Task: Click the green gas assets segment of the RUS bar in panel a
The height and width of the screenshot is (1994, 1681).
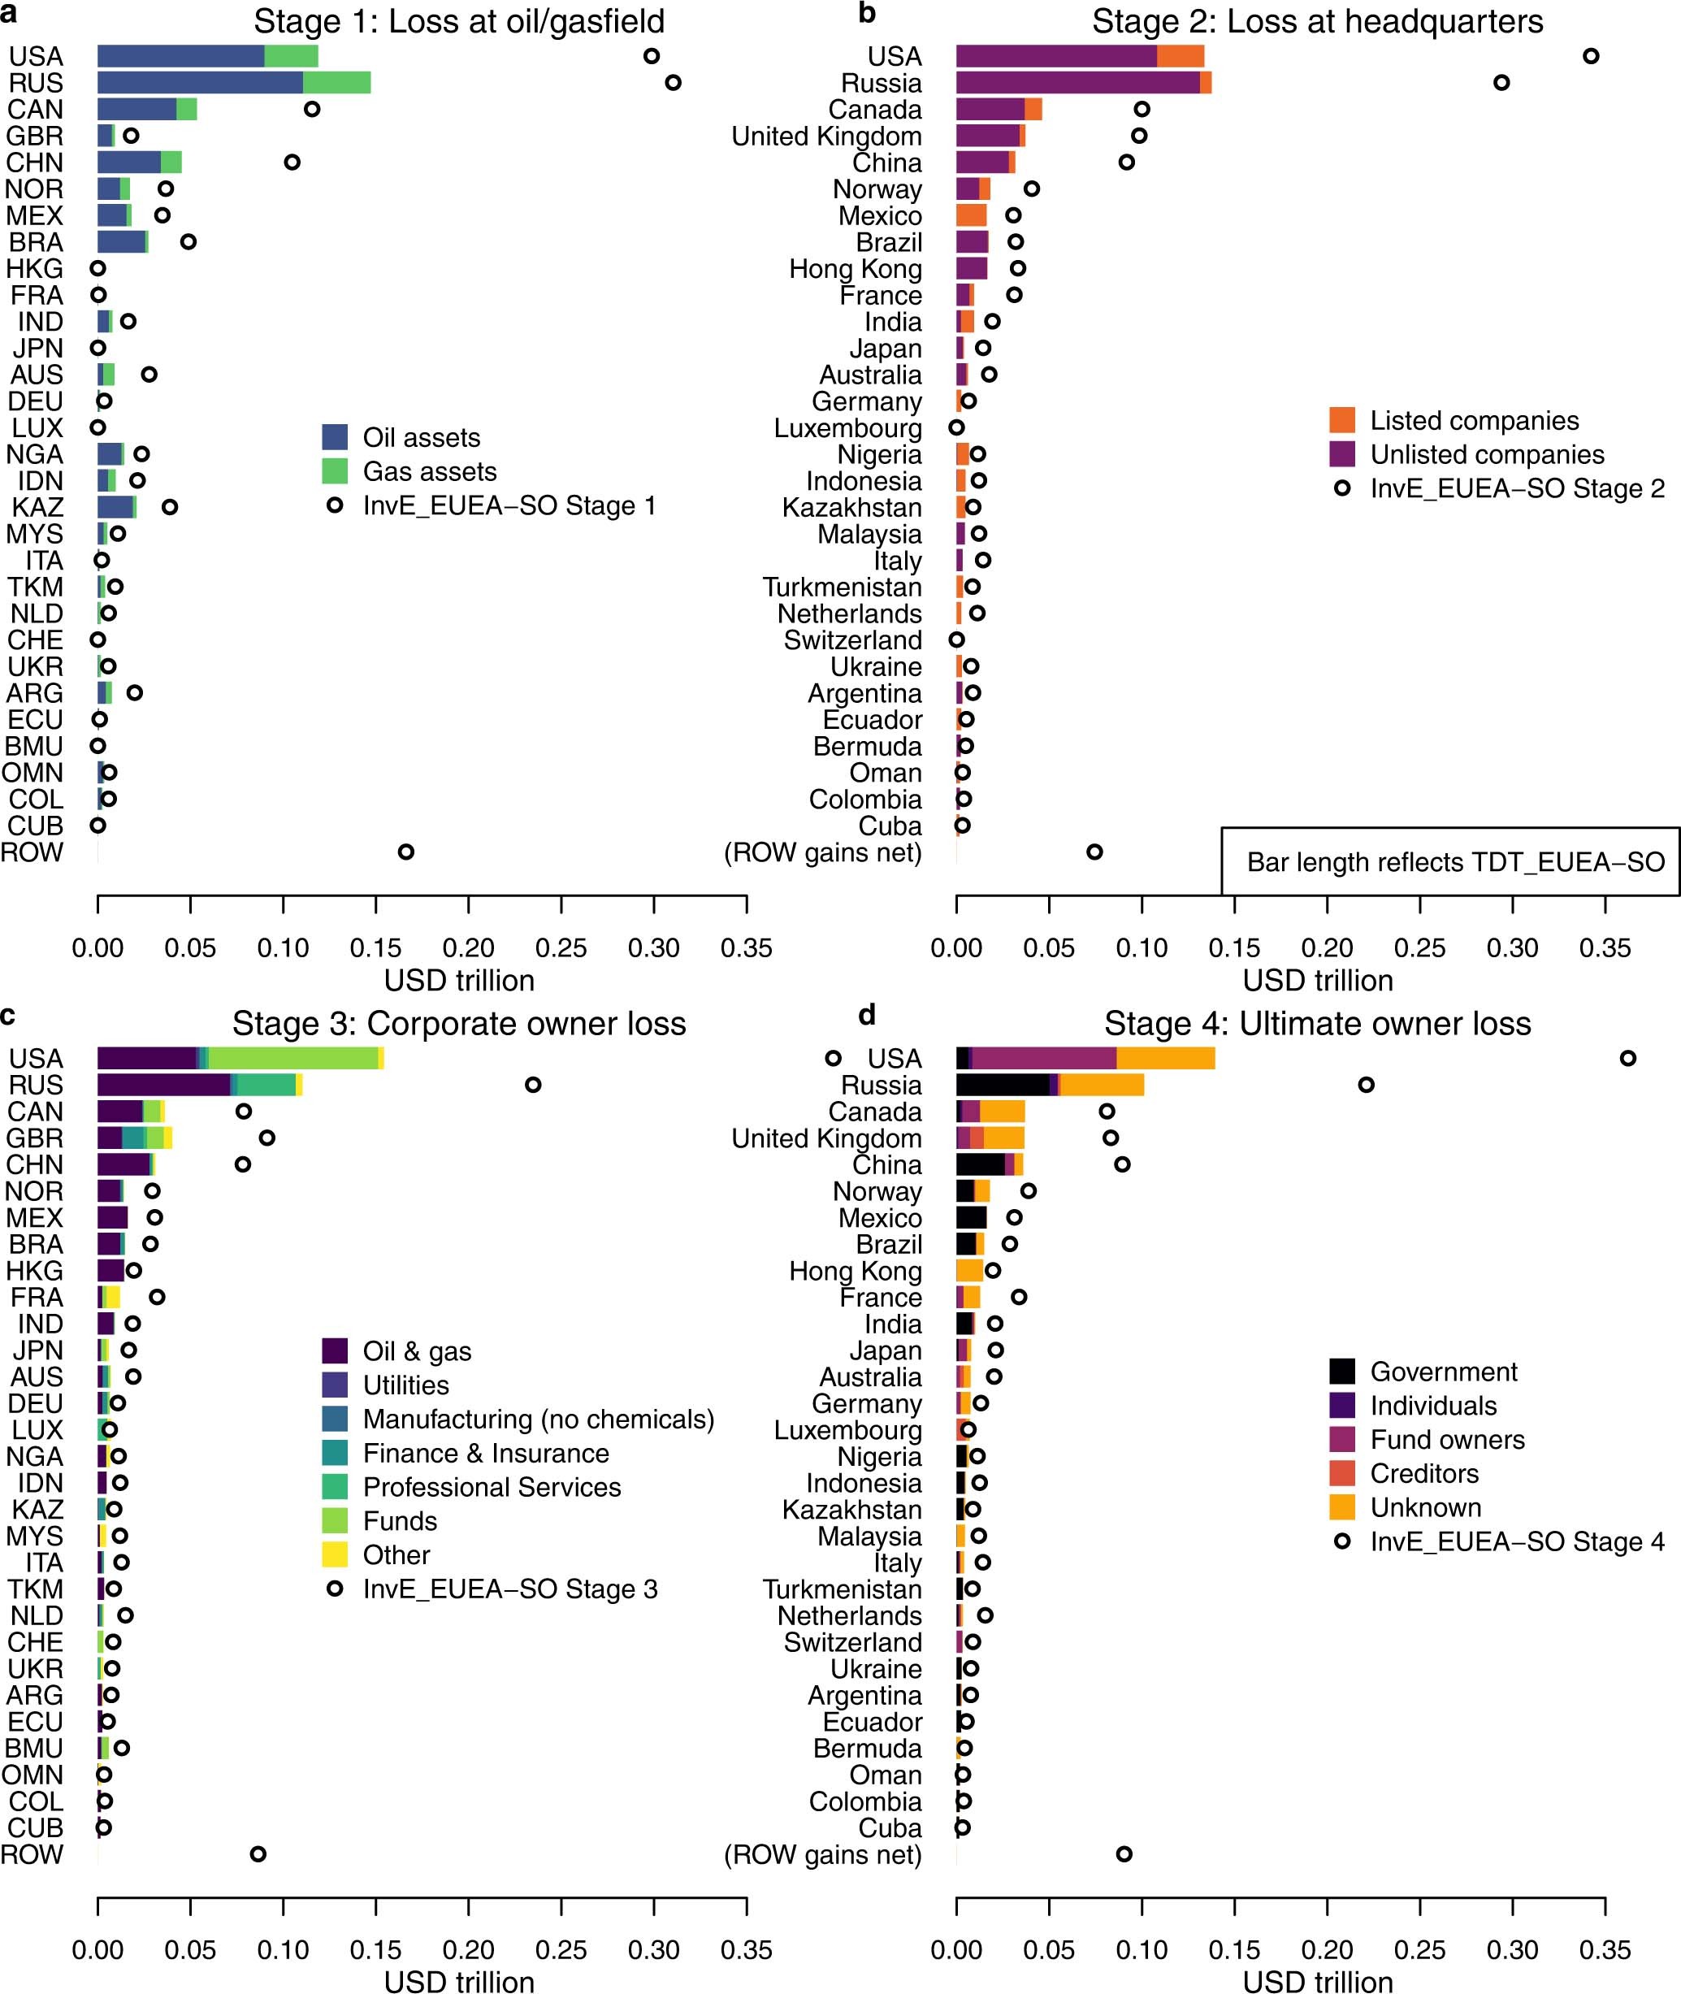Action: pos(336,83)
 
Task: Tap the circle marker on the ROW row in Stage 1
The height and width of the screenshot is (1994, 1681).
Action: pos(406,852)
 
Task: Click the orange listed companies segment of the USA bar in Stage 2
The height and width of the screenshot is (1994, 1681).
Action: pos(1180,56)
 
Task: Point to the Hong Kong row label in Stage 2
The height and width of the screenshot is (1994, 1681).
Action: pos(855,269)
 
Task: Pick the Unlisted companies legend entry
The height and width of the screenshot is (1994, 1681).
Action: pos(1486,455)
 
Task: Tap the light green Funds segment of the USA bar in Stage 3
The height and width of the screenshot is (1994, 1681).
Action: pos(292,1058)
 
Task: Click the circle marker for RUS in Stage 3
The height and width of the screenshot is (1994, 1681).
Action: pos(534,1085)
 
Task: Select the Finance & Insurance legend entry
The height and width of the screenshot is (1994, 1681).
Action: pos(485,1453)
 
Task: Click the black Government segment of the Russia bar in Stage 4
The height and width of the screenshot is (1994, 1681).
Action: pos(1002,1085)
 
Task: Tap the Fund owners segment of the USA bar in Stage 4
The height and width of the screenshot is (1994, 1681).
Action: pos(1043,1058)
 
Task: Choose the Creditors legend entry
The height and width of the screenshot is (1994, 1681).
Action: pos(1423,1474)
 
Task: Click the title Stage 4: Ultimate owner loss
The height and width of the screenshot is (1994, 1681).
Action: pos(1317,1023)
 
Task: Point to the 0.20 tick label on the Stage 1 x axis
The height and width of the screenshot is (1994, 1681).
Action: pos(468,947)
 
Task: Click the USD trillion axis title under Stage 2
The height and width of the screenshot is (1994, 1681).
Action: pos(1317,980)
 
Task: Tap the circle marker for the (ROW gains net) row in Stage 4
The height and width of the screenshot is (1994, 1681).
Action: pos(1124,1854)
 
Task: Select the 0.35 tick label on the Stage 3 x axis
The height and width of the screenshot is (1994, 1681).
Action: pos(745,1950)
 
